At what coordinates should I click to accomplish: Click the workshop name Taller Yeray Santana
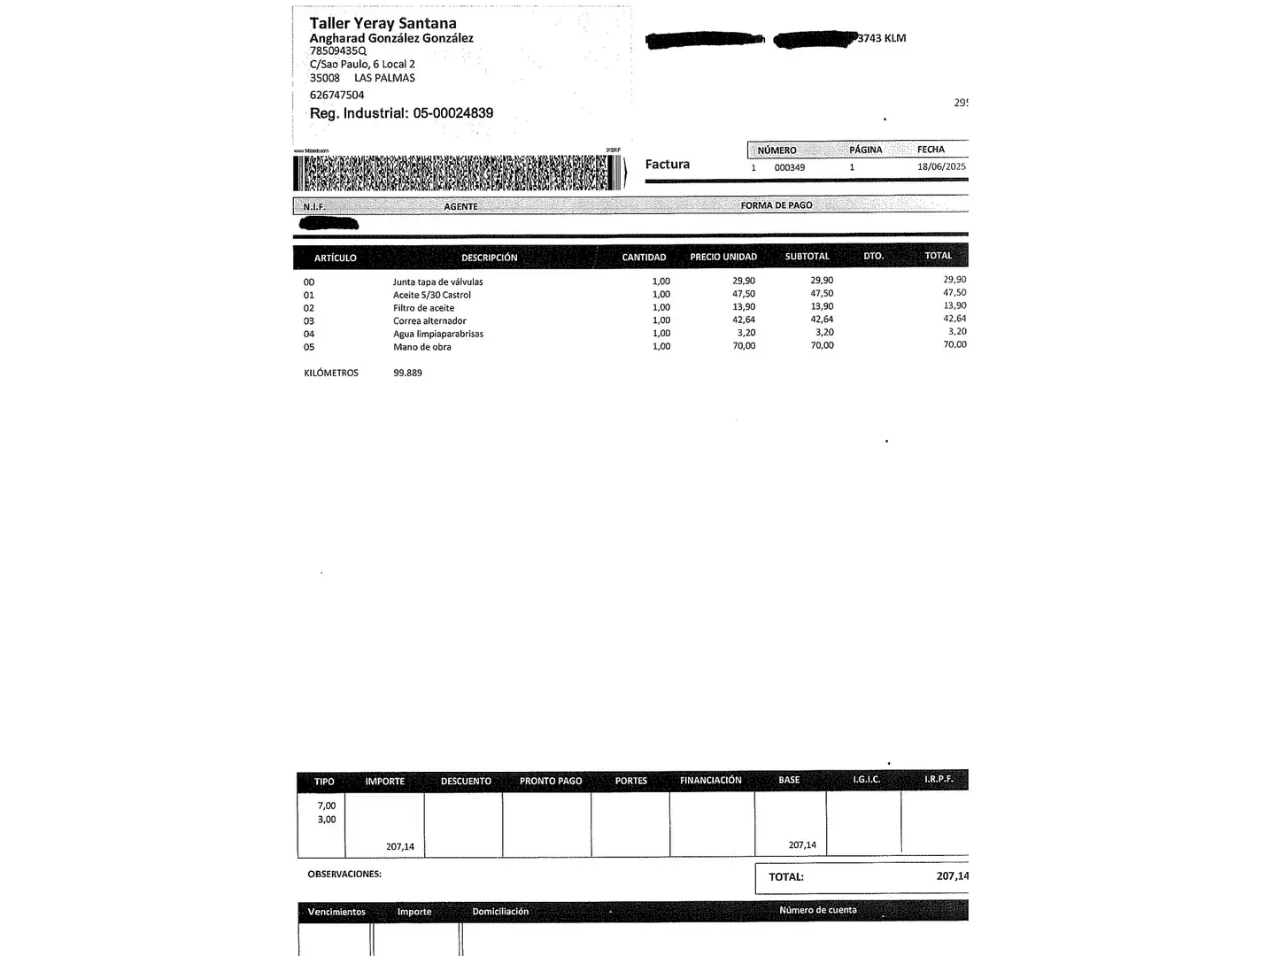point(382,23)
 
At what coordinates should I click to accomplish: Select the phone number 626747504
point(336,95)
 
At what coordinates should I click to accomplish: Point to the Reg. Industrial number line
point(401,113)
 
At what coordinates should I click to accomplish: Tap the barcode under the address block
point(458,173)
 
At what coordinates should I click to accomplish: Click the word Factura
point(667,164)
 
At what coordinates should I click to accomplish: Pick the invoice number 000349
point(789,167)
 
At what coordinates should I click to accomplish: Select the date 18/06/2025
point(941,166)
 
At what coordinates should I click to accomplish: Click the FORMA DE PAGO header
point(776,205)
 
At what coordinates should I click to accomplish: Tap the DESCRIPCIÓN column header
point(489,258)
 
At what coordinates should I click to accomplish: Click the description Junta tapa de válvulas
point(437,282)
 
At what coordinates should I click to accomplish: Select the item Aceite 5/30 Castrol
point(431,295)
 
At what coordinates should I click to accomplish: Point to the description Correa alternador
point(429,321)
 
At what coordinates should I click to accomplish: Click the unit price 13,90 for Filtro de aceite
point(744,307)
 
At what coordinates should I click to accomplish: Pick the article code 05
point(309,347)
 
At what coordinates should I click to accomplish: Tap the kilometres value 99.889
point(407,373)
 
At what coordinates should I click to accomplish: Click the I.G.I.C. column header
point(866,780)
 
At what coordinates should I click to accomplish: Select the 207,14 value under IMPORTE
point(399,846)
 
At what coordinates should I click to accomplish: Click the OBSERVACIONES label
point(344,874)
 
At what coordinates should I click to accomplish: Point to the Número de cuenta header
point(817,910)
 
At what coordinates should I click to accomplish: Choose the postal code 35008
point(324,78)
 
